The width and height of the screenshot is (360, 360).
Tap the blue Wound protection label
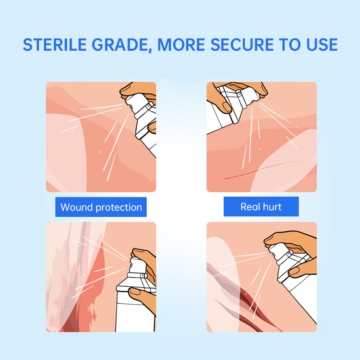pyautogui.click(x=101, y=207)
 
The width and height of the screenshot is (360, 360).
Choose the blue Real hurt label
pyautogui.click(x=261, y=207)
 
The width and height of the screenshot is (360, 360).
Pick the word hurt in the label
pyautogui.click(x=272, y=207)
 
